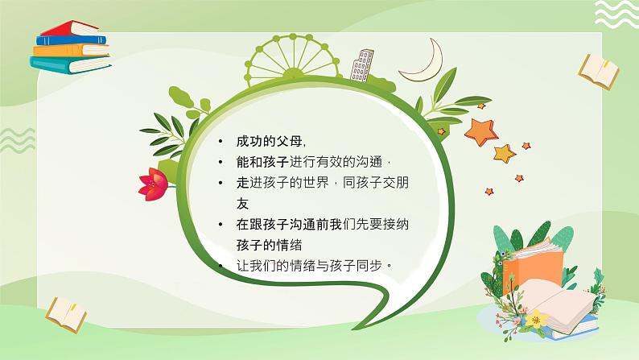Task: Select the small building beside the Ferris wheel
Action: click(362, 65)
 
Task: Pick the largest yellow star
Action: click(504, 152)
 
